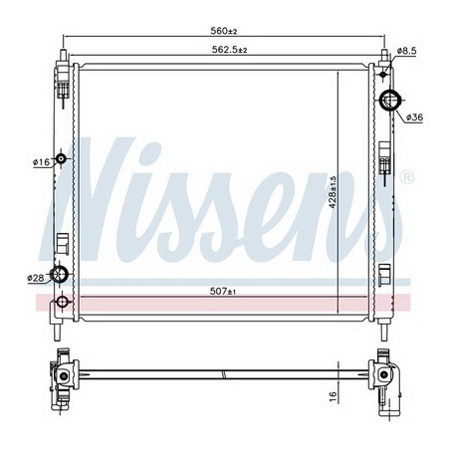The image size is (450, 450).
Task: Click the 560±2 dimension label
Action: pyautogui.click(x=224, y=31)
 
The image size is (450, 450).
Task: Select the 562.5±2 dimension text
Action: pyautogui.click(x=230, y=50)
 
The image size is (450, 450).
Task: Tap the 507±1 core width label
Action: pyautogui.click(x=223, y=291)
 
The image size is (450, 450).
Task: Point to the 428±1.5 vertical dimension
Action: pyautogui.click(x=333, y=192)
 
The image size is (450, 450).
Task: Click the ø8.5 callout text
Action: pyautogui.click(x=406, y=51)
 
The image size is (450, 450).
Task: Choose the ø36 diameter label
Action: pyautogui.click(x=414, y=116)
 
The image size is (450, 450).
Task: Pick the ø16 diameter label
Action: pyautogui.click(x=41, y=162)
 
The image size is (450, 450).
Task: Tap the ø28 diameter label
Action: pyautogui.click(x=36, y=278)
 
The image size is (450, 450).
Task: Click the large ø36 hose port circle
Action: pyautogui.click(x=390, y=100)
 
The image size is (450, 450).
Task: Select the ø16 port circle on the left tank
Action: pyautogui.click(x=61, y=158)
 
